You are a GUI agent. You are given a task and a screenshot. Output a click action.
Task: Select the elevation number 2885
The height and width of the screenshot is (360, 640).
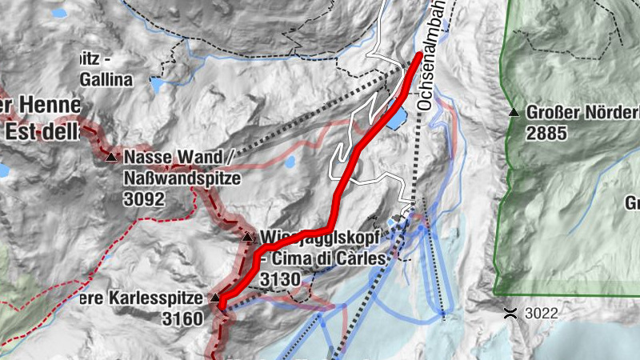(x=547, y=133)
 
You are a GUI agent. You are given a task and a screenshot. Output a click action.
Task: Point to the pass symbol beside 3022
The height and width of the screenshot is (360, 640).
(x=510, y=311)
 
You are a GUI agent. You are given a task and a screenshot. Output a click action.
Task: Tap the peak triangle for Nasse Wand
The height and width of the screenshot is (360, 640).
(x=110, y=157)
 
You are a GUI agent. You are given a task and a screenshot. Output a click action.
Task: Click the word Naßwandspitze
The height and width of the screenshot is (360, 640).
(x=182, y=178)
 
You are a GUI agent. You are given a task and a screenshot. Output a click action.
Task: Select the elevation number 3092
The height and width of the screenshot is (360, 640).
(x=145, y=198)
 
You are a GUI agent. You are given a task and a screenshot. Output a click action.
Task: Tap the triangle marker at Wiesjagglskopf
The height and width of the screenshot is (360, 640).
(x=247, y=237)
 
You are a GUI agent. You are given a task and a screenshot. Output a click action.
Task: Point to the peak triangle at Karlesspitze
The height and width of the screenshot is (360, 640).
(x=215, y=298)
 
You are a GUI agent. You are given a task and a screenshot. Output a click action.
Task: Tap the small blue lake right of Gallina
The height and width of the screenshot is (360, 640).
(x=158, y=82)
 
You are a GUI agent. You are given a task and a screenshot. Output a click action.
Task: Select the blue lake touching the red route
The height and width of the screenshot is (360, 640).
(x=395, y=118)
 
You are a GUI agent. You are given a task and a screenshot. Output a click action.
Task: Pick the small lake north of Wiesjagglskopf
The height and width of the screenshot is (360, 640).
(x=290, y=162)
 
